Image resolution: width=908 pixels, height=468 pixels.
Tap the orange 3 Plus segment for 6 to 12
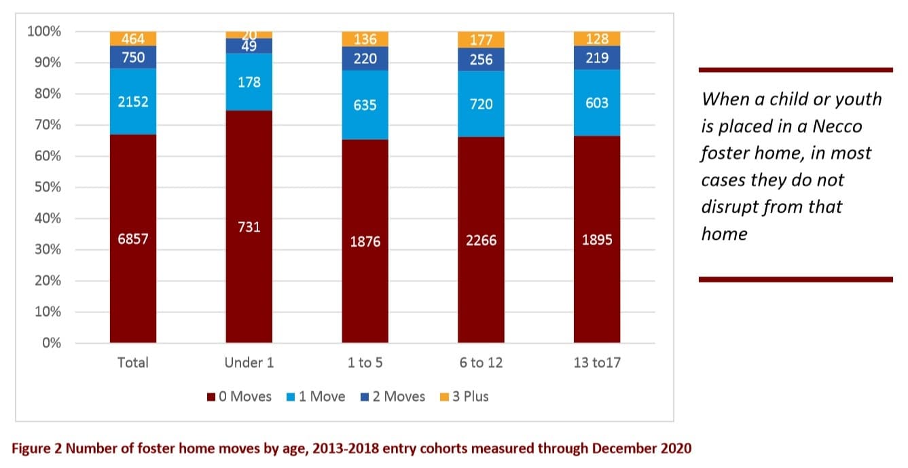[x=481, y=40]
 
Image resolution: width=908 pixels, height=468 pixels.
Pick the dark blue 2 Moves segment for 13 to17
[x=597, y=58]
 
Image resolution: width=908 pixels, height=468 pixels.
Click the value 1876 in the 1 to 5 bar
[x=365, y=241]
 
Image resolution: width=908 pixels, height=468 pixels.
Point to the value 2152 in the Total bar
[x=133, y=102]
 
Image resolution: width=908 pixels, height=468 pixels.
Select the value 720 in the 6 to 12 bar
[x=481, y=105]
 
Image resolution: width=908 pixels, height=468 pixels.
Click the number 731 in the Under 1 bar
[x=249, y=228]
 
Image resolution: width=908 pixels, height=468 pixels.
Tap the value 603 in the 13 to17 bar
[x=597, y=103]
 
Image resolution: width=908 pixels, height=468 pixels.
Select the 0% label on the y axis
[x=52, y=343]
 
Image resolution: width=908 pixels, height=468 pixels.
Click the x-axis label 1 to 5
[x=365, y=363]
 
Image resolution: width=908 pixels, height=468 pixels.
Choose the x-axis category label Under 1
[x=249, y=363]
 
